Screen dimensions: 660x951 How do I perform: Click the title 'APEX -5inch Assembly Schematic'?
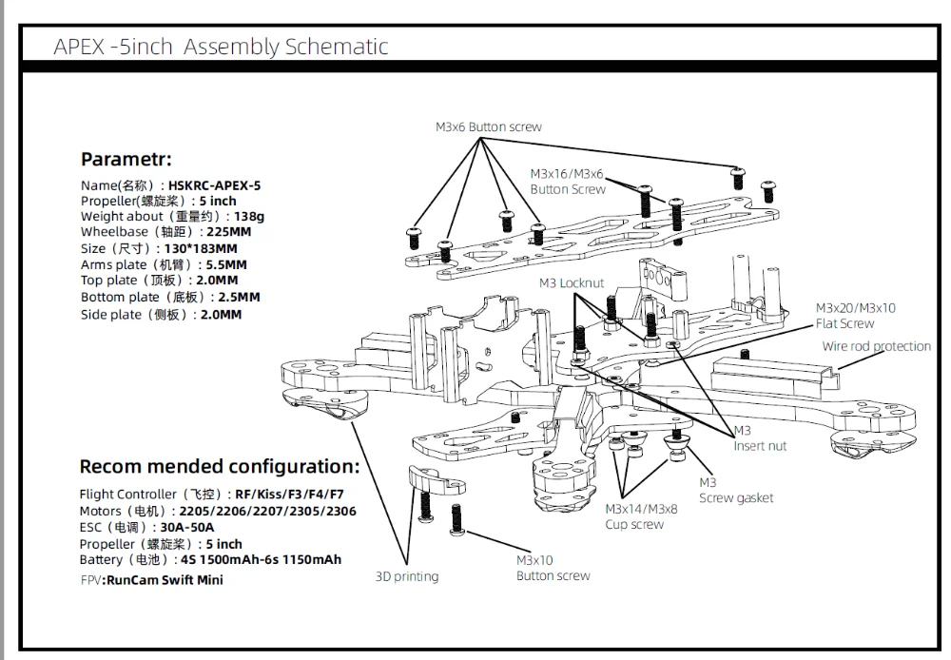pyautogui.click(x=221, y=46)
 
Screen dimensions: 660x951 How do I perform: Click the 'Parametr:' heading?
pyautogui.click(x=126, y=159)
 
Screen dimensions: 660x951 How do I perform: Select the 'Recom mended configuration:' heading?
pyautogui.click(x=220, y=466)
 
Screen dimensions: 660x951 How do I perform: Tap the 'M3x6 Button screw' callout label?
pyautogui.click(x=489, y=126)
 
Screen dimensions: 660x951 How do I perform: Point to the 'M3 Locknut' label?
pyautogui.click(x=571, y=282)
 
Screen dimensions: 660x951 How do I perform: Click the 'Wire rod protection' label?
pyautogui.click(x=876, y=346)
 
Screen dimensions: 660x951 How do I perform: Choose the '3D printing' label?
pyautogui.click(x=407, y=575)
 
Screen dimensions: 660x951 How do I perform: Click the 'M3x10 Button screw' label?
pyautogui.click(x=553, y=568)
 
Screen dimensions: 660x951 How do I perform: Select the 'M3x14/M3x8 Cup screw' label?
pyautogui.click(x=641, y=516)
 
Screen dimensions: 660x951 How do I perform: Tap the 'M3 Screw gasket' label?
pyautogui.click(x=736, y=490)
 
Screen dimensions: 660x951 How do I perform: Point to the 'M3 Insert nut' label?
pyautogui.click(x=760, y=438)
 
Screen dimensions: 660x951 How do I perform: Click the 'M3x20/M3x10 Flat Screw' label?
pyautogui.click(x=855, y=316)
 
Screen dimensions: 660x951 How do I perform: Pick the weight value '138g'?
pyautogui.click(x=249, y=216)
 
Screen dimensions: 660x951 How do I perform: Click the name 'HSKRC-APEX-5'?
pyautogui.click(x=214, y=185)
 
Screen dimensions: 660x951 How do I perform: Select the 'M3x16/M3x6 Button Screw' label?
pyautogui.click(x=567, y=181)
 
